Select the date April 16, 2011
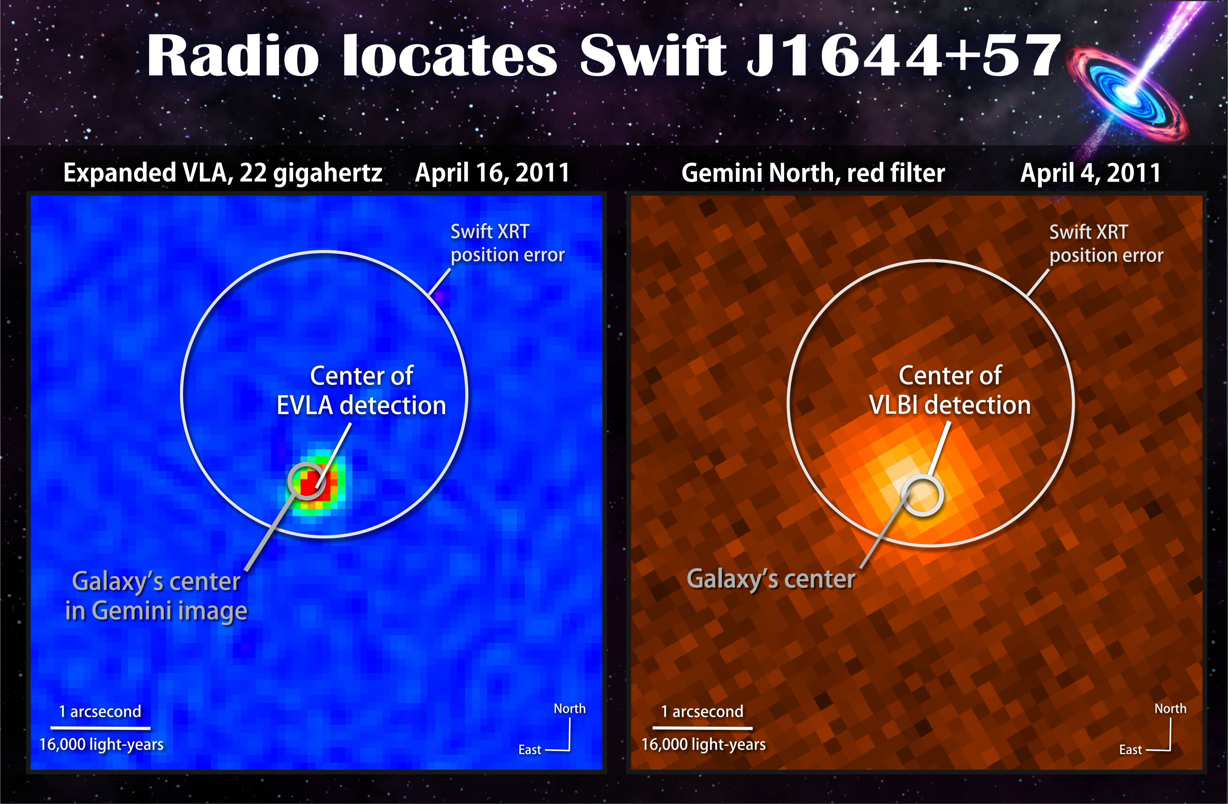coord(492,173)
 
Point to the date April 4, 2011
coord(1091,173)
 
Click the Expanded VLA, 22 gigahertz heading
coord(223,173)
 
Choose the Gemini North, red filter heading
coord(813,173)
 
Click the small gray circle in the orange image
coord(922,496)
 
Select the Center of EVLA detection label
coord(361,391)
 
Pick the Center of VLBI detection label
coord(950,390)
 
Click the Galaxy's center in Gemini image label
coord(156,596)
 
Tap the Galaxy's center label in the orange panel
coord(771,579)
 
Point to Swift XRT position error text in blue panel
coord(508,244)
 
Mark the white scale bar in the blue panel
coord(100,728)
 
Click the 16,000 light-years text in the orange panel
coord(703,744)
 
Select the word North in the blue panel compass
coord(570,708)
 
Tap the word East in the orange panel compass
coord(1131,750)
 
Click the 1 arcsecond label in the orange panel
coord(702,712)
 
